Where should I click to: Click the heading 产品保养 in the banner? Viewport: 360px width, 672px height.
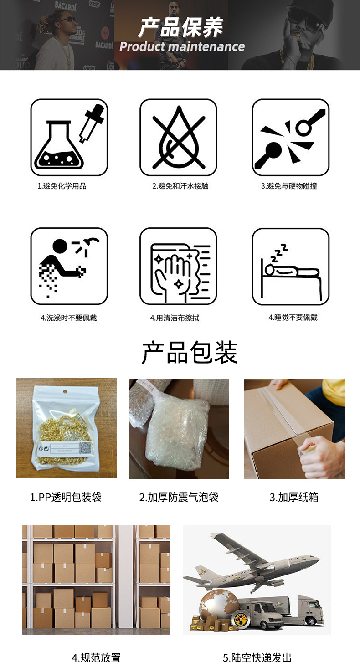coord(181,27)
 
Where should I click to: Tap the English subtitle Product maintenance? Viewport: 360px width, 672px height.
coord(182,46)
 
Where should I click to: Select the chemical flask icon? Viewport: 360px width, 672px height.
coord(69,138)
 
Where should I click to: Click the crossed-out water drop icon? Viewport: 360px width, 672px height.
coord(178,138)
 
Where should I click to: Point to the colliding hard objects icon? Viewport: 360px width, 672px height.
coord(291,138)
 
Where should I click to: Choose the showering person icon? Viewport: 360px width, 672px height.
coord(69,266)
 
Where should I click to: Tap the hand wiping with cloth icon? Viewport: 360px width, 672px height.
coord(178,266)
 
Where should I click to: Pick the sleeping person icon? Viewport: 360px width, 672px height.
coord(291,266)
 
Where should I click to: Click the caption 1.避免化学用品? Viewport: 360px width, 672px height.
coord(62,186)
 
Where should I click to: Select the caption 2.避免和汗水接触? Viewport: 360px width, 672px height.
coord(180,186)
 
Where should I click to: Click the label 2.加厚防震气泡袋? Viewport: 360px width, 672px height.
coord(179,497)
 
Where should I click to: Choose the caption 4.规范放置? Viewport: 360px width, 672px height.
coord(96,657)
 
